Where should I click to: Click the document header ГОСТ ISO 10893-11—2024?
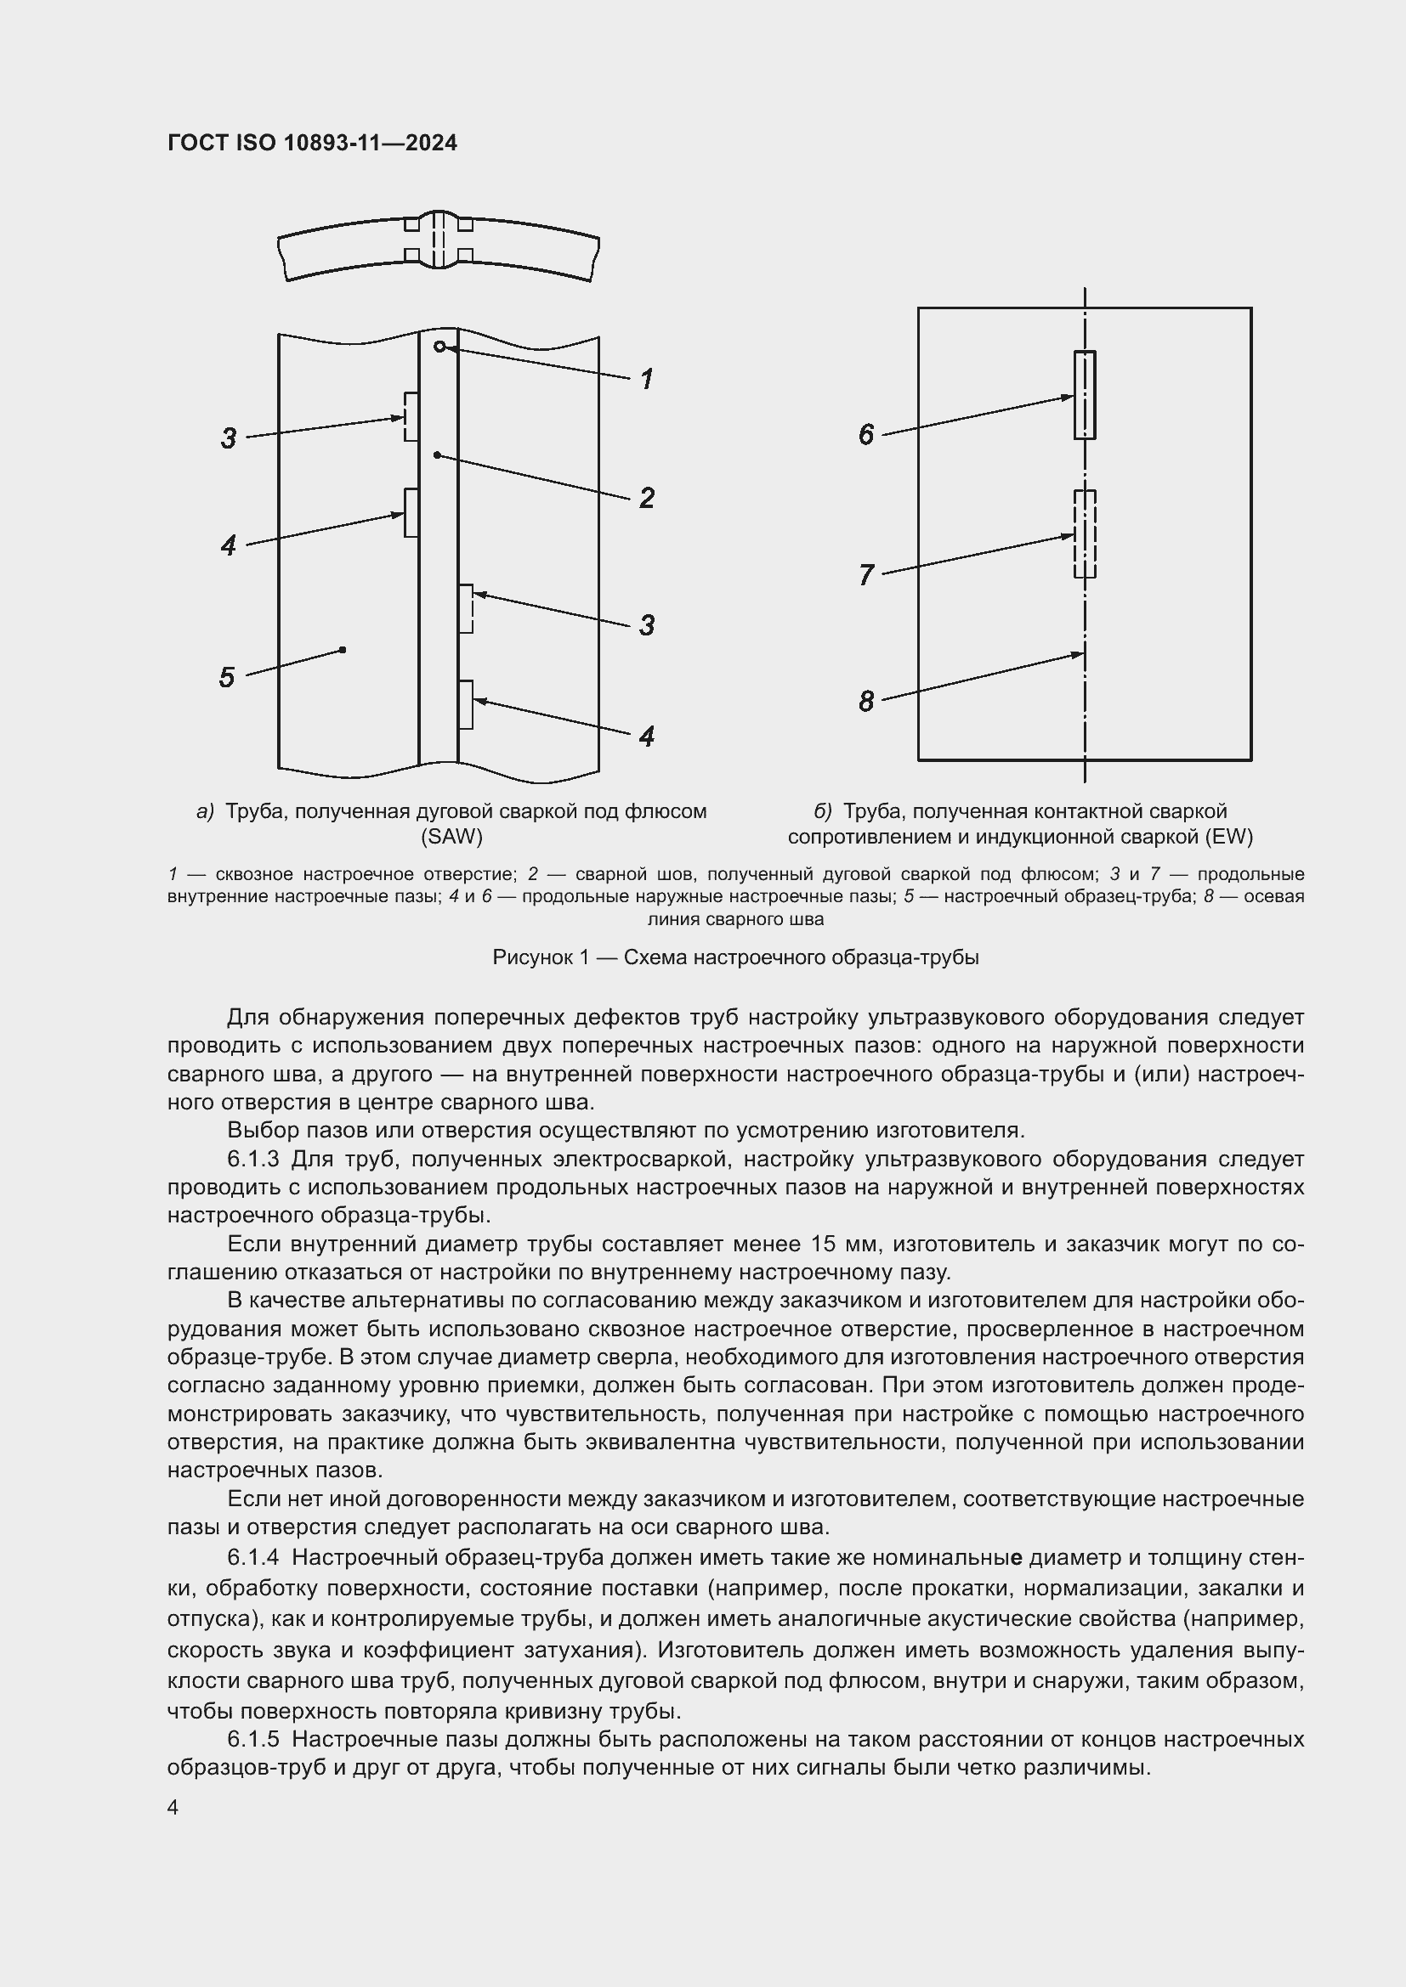click(312, 143)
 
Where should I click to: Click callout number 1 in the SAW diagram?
click(646, 379)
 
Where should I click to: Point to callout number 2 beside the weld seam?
click(646, 498)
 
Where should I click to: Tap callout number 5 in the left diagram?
click(227, 677)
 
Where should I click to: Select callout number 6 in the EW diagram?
click(865, 434)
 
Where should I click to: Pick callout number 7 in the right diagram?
click(865, 574)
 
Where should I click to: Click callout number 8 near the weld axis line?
click(865, 701)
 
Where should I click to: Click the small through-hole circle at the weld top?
click(440, 347)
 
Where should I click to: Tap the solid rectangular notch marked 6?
click(1084, 395)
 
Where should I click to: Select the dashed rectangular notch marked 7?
click(1084, 534)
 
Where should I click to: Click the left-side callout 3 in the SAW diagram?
click(229, 437)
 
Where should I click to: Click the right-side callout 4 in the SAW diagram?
click(646, 737)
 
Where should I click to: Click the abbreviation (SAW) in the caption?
click(451, 837)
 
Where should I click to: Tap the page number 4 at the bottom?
click(173, 1808)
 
